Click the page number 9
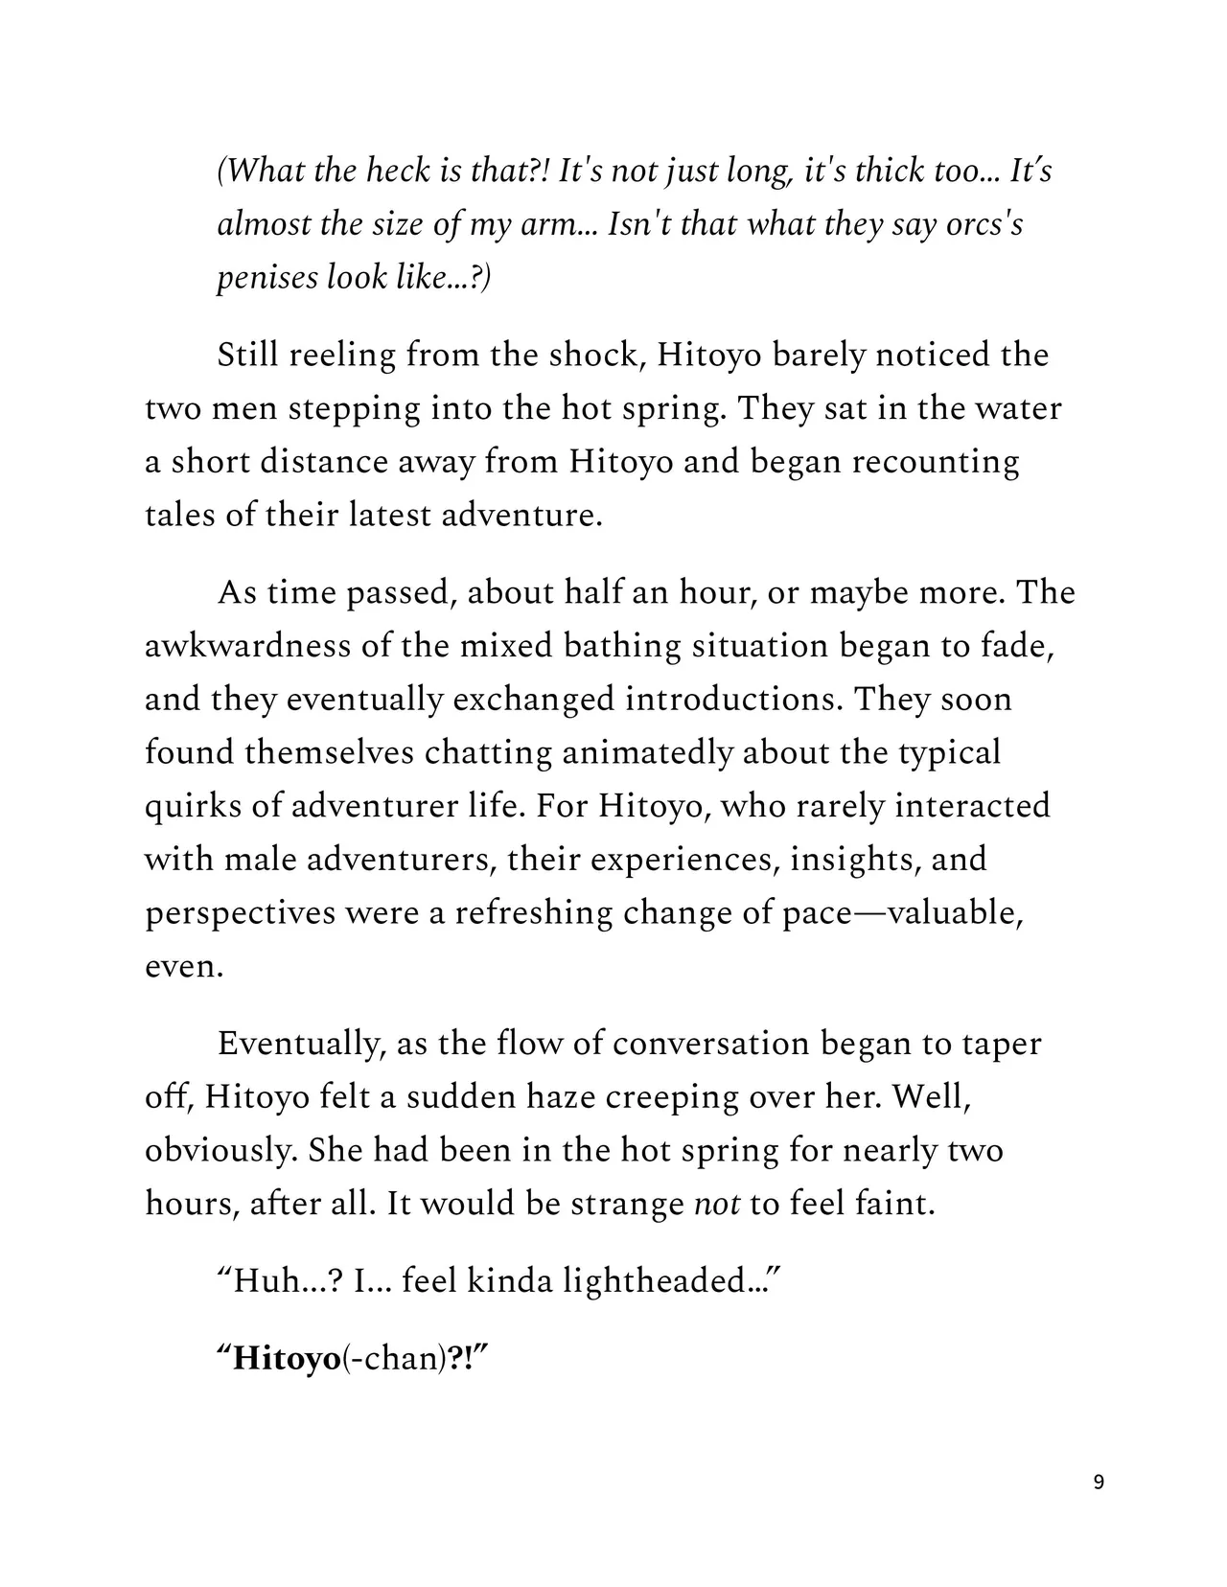point(1098,1483)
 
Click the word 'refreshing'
point(533,912)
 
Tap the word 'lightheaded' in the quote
point(653,1281)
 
